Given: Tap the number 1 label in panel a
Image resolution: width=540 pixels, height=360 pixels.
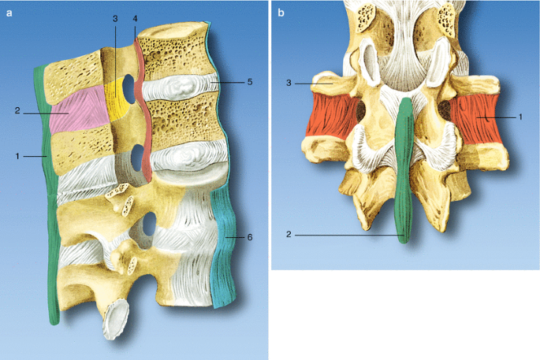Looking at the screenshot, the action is click(17, 157).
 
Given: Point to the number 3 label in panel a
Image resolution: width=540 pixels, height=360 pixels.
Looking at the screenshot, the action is click(114, 18).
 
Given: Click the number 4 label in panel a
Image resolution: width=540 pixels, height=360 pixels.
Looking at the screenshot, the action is click(135, 18).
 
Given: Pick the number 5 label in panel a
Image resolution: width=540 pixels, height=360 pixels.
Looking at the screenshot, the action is click(251, 81).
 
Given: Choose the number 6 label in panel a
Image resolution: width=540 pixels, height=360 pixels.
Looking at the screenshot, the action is click(251, 236).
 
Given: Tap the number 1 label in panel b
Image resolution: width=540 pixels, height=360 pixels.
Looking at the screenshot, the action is click(520, 117).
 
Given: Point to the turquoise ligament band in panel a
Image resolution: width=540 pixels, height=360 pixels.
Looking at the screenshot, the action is click(225, 236).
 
